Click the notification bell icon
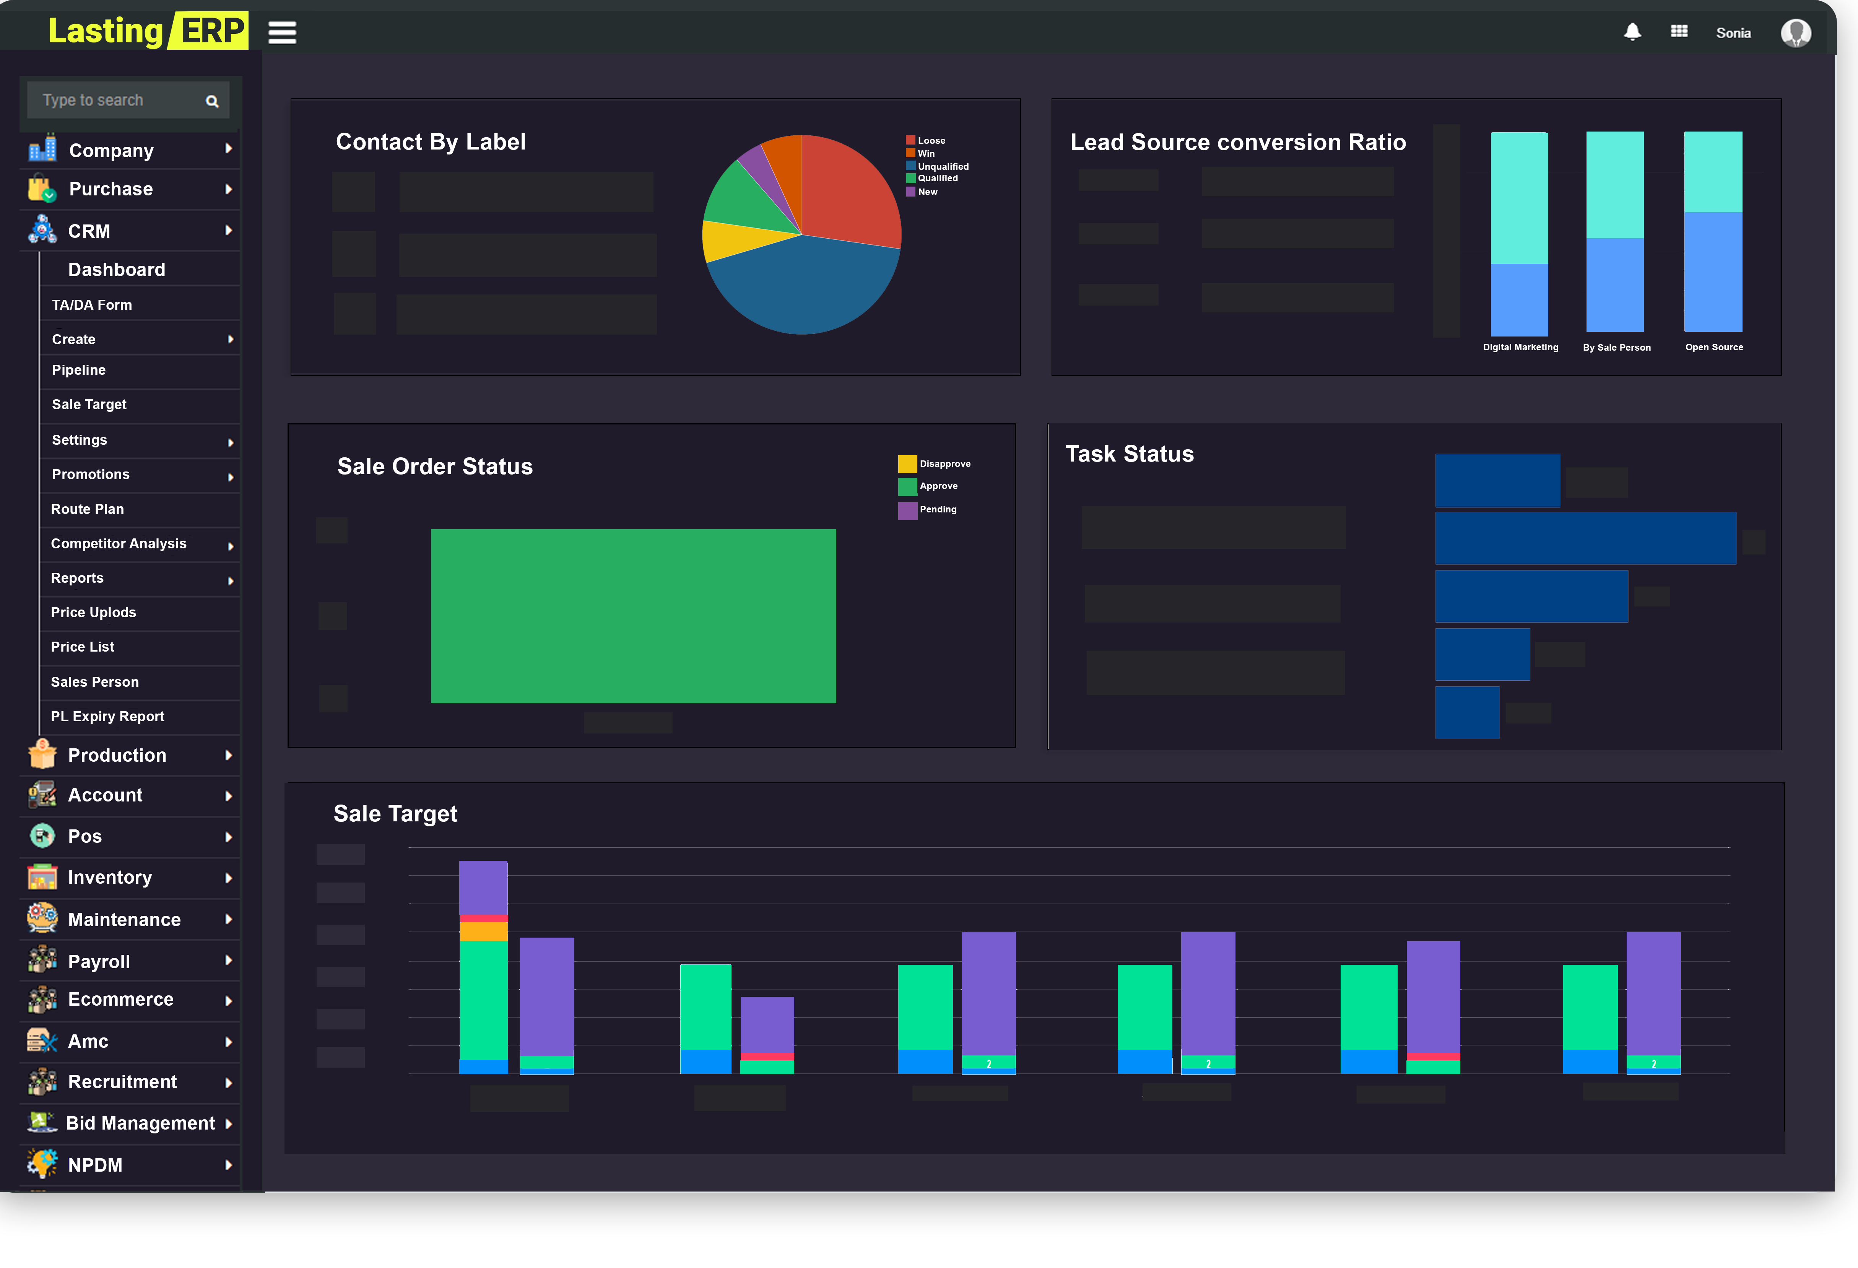[1632, 32]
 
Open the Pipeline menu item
[78, 370]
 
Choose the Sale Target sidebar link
[89, 405]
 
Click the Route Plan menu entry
[87, 509]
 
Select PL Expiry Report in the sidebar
[107, 716]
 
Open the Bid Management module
[140, 1123]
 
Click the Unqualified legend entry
[942, 166]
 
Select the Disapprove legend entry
[943, 464]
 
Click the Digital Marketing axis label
[1520, 347]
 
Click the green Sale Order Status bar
[633, 616]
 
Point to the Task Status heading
[1129, 454]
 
